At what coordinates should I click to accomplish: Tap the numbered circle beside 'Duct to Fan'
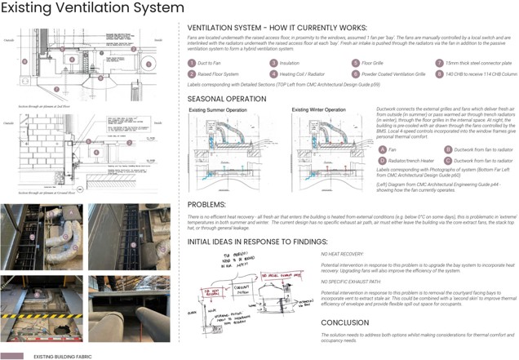192,63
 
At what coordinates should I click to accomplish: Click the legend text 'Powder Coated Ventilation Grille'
397,73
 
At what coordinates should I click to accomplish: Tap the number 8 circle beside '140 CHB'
439,73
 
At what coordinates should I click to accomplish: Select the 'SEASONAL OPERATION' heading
226,99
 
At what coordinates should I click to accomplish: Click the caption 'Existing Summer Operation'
216,109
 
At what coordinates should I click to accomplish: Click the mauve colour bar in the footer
12,356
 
